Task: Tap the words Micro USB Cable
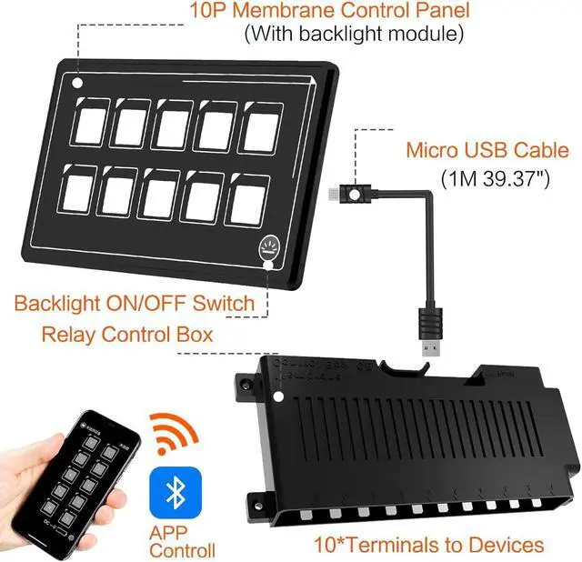pyautogui.click(x=487, y=150)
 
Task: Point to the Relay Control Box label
pyautogui.click(x=127, y=334)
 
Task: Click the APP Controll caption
pyautogui.click(x=183, y=542)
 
